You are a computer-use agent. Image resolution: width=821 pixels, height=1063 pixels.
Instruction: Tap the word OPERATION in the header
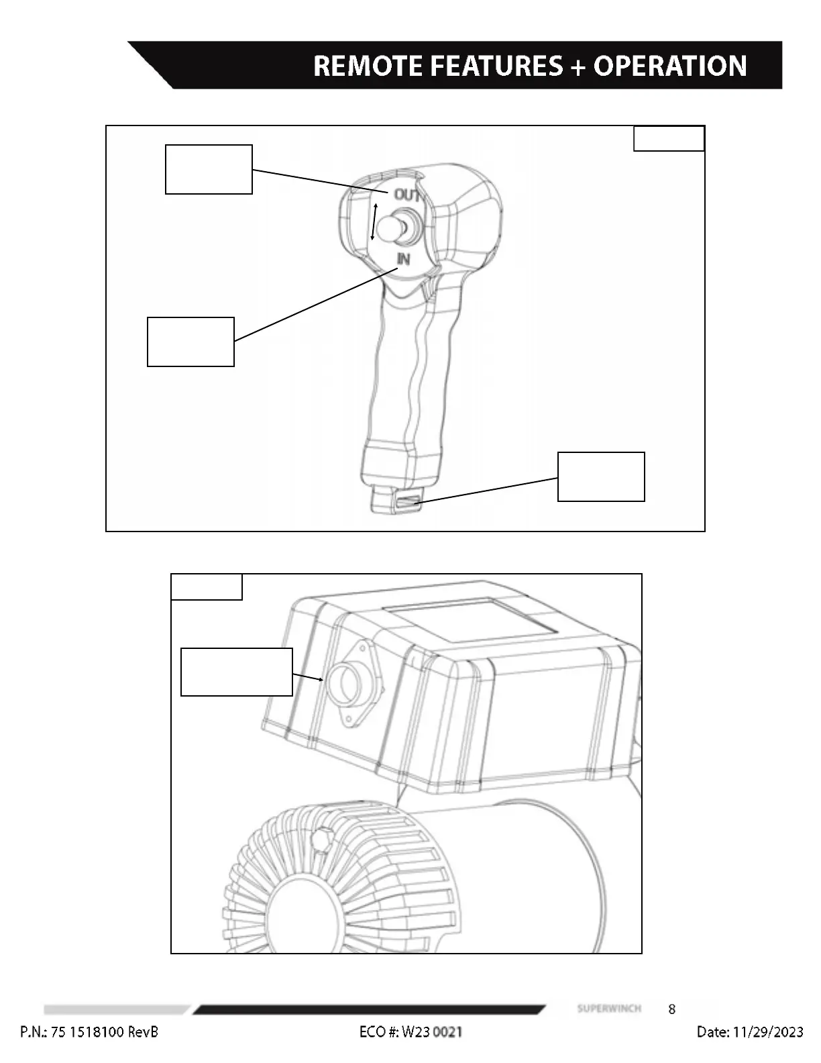[x=669, y=66]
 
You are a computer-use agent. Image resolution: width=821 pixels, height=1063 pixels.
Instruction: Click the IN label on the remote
[x=403, y=259]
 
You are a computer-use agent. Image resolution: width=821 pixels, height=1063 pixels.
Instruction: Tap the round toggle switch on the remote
[x=392, y=226]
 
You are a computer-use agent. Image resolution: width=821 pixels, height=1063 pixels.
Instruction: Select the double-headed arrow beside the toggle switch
[x=374, y=221]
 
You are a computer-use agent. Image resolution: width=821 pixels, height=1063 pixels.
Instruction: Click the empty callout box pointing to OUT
[x=209, y=169]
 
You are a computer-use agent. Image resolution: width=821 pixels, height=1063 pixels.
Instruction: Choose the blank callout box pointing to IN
[x=190, y=342]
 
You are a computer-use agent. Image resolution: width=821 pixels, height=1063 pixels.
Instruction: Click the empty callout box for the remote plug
[x=601, y=476]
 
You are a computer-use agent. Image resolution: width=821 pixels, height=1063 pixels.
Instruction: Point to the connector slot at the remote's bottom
[x=407, y=501]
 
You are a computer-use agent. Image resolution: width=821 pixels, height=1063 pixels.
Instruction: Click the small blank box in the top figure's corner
[x=669, y=138]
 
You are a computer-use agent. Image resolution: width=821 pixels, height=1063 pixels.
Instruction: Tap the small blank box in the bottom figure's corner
[x=207, y=587]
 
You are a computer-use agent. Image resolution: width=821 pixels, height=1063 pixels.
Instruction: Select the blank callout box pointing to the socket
[x=237, y=672]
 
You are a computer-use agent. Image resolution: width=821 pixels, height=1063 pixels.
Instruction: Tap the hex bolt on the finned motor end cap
[x=323, y=840]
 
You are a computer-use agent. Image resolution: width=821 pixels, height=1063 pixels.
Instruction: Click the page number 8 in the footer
[x=672, y=1009]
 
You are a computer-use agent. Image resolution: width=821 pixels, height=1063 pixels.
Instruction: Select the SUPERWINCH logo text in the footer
[x=609, y=1009]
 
